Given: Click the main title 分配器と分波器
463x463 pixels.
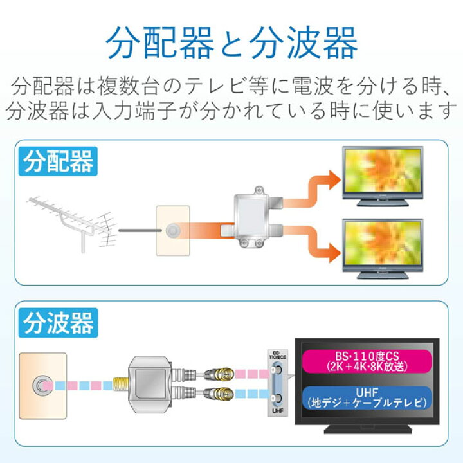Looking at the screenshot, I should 231,44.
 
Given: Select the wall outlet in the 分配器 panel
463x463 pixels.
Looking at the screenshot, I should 172,231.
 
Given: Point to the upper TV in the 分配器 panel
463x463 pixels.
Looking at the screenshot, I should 382,175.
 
